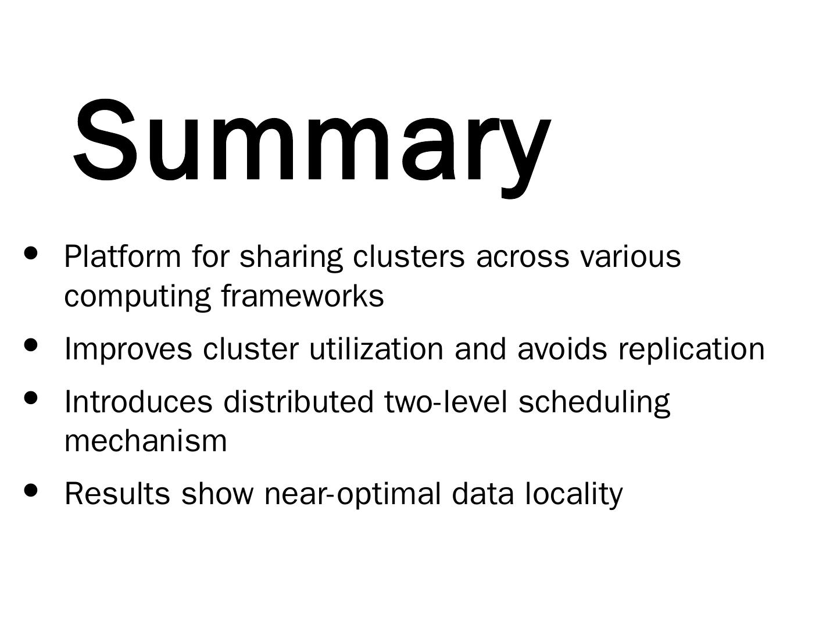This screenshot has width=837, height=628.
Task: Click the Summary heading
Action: coord(311,142)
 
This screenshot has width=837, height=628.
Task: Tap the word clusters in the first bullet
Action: coord(409,256)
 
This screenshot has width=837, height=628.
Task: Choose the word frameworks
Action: coord(302,296)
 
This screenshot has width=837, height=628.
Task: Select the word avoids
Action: coord(562,349)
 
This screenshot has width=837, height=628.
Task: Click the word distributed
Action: coord(298,402)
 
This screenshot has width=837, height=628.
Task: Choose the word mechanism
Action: coord(145,441)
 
